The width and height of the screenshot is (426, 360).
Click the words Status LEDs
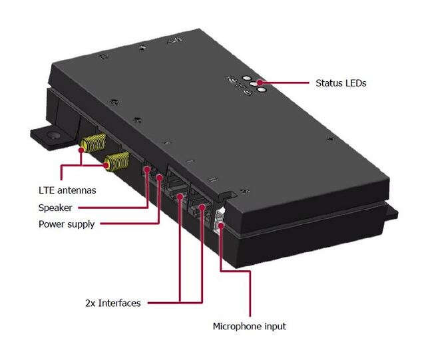click(x=341, y=83)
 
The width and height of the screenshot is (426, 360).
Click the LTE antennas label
click(x=67, y=190)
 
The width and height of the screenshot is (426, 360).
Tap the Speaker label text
click(x=55, y=208)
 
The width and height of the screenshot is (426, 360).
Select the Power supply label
click(x=67, y=224)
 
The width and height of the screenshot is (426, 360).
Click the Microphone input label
click(x=249, y=326)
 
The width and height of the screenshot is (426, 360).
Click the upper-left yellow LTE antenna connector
click(x=93, y=142)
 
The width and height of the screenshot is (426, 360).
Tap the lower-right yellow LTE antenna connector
click(x=117, y=159)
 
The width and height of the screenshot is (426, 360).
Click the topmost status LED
click(x=246, y=78)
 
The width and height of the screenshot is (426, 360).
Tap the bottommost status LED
click(x=261, y=90)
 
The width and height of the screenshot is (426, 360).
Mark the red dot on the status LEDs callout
click(x=261, y=83)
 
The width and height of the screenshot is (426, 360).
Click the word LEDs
click(x=355, y=83)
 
